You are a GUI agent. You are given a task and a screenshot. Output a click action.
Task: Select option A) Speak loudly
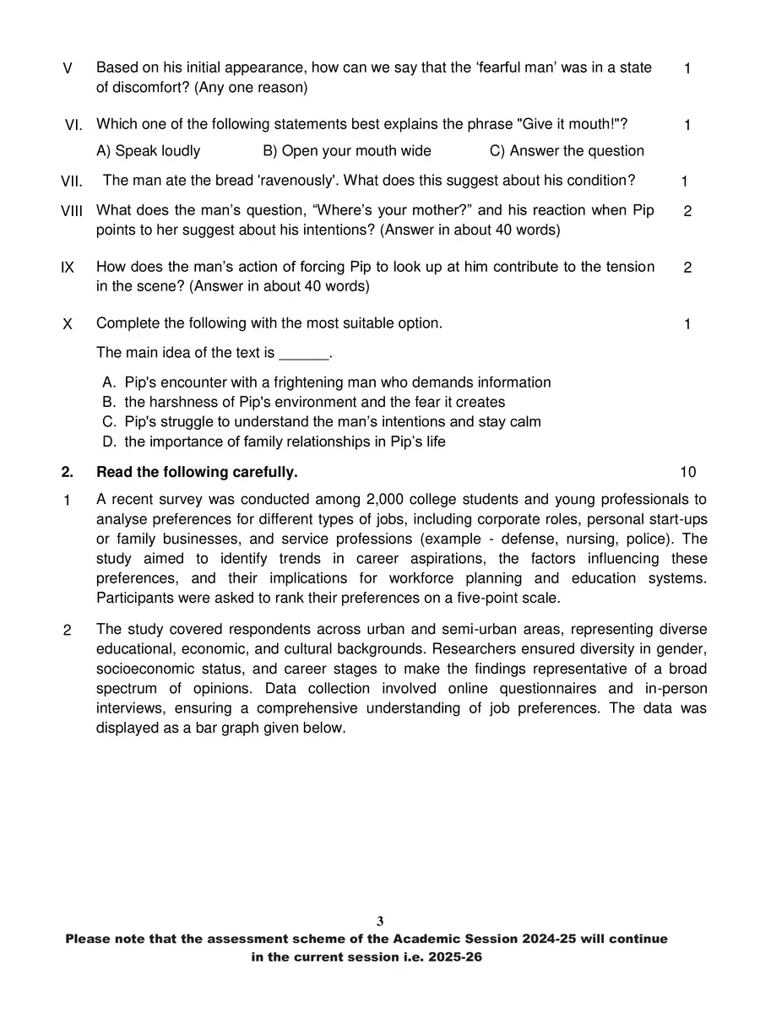click(x=149, y=151)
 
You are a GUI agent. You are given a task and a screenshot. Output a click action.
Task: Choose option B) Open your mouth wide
click(x=347, y=151)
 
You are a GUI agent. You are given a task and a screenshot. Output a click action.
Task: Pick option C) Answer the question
click(x=567, y=151)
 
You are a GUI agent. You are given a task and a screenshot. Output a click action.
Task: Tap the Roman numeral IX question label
click(x=68, y=268)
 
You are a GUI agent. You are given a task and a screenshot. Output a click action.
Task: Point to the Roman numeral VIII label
click(x=72, y=211)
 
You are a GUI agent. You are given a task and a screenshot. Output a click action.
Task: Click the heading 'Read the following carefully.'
click(x=197, y=472)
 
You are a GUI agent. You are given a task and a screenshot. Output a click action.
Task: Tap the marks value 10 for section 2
click(x=687, y=472)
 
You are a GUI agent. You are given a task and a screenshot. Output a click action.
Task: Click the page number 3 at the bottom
click(x=380, y=921)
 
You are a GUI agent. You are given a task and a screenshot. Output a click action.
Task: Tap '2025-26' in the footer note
click(x=455, y=957)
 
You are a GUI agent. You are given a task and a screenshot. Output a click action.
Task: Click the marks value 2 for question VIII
click(x=687, y=211)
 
